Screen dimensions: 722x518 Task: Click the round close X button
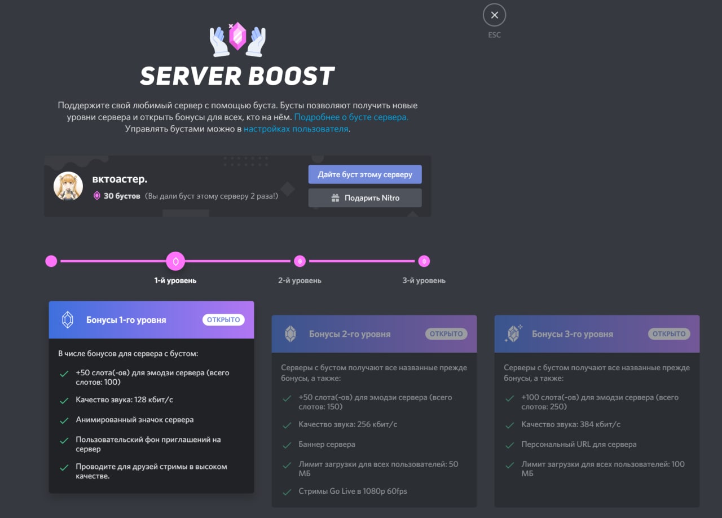click(x=494, y=15)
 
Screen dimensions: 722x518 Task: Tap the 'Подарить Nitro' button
click(x=365, y=197)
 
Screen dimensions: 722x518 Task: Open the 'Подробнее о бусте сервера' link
click(x=351, y=117)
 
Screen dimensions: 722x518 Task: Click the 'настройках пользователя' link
click(x=296, y=129)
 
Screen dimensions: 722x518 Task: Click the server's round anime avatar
click(x=68, y=186)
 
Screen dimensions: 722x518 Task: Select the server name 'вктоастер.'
click(x=120, y=179)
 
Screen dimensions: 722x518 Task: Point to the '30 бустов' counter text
click(x=122, y=196)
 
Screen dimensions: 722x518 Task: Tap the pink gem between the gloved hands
click(x=237, y=36)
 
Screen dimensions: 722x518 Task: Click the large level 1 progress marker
click(x=175, y=261)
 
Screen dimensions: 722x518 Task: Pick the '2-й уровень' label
click(x=300, y=280)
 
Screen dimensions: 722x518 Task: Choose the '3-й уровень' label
click(x=424, y=280)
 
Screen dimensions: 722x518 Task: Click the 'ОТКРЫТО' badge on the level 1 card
click(x=223, y=319)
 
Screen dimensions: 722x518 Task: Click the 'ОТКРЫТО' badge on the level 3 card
click(x=669, y=334)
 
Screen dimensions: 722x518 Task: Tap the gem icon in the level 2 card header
click(x=290, y=334)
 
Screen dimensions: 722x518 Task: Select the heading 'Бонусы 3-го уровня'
click(x=573, y=334)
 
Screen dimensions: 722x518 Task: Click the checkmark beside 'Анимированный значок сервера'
click(x=64, y=420)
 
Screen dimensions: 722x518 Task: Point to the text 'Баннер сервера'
click(x=327, y=445)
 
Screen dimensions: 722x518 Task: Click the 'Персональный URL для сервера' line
click(x=579, y=445)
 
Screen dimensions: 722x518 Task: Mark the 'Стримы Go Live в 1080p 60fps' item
click(x=353, y=491)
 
